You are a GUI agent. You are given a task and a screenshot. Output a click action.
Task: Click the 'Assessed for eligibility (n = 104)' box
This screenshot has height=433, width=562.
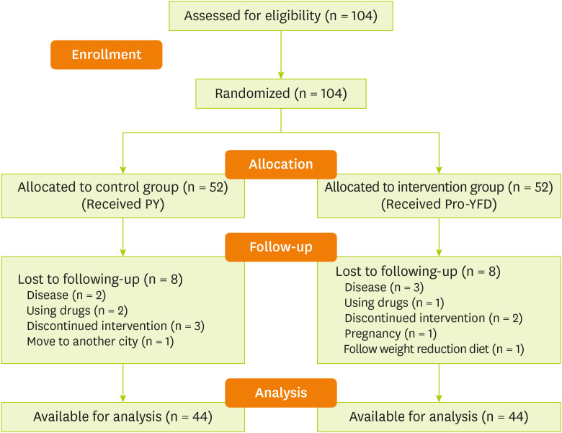(x=281, y=16)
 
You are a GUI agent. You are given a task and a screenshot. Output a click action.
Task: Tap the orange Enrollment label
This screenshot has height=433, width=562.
(x=106, y=55)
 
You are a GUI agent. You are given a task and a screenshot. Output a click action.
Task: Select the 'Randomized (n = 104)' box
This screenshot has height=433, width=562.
(x=281, y=94)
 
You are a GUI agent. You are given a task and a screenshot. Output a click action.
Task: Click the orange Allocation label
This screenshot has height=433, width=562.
(x=281, y=164)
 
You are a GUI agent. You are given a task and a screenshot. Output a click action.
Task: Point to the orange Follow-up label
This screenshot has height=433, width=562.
(x=281, y=246)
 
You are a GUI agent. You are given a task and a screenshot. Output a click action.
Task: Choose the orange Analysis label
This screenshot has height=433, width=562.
(x=281, y=393)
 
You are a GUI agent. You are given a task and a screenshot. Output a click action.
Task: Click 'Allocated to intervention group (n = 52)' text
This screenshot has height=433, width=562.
(x=438, y=188)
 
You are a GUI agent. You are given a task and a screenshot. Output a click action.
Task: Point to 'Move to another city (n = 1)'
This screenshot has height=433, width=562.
(x=100, y=340)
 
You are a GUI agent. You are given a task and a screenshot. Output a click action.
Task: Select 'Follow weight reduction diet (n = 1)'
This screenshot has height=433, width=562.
(x=433, y=349)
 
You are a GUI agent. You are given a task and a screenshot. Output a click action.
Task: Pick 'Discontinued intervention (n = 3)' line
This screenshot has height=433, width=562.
(x=115, y=326)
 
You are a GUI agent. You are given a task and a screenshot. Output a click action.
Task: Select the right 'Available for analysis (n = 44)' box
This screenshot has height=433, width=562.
(x=438, y=416)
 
